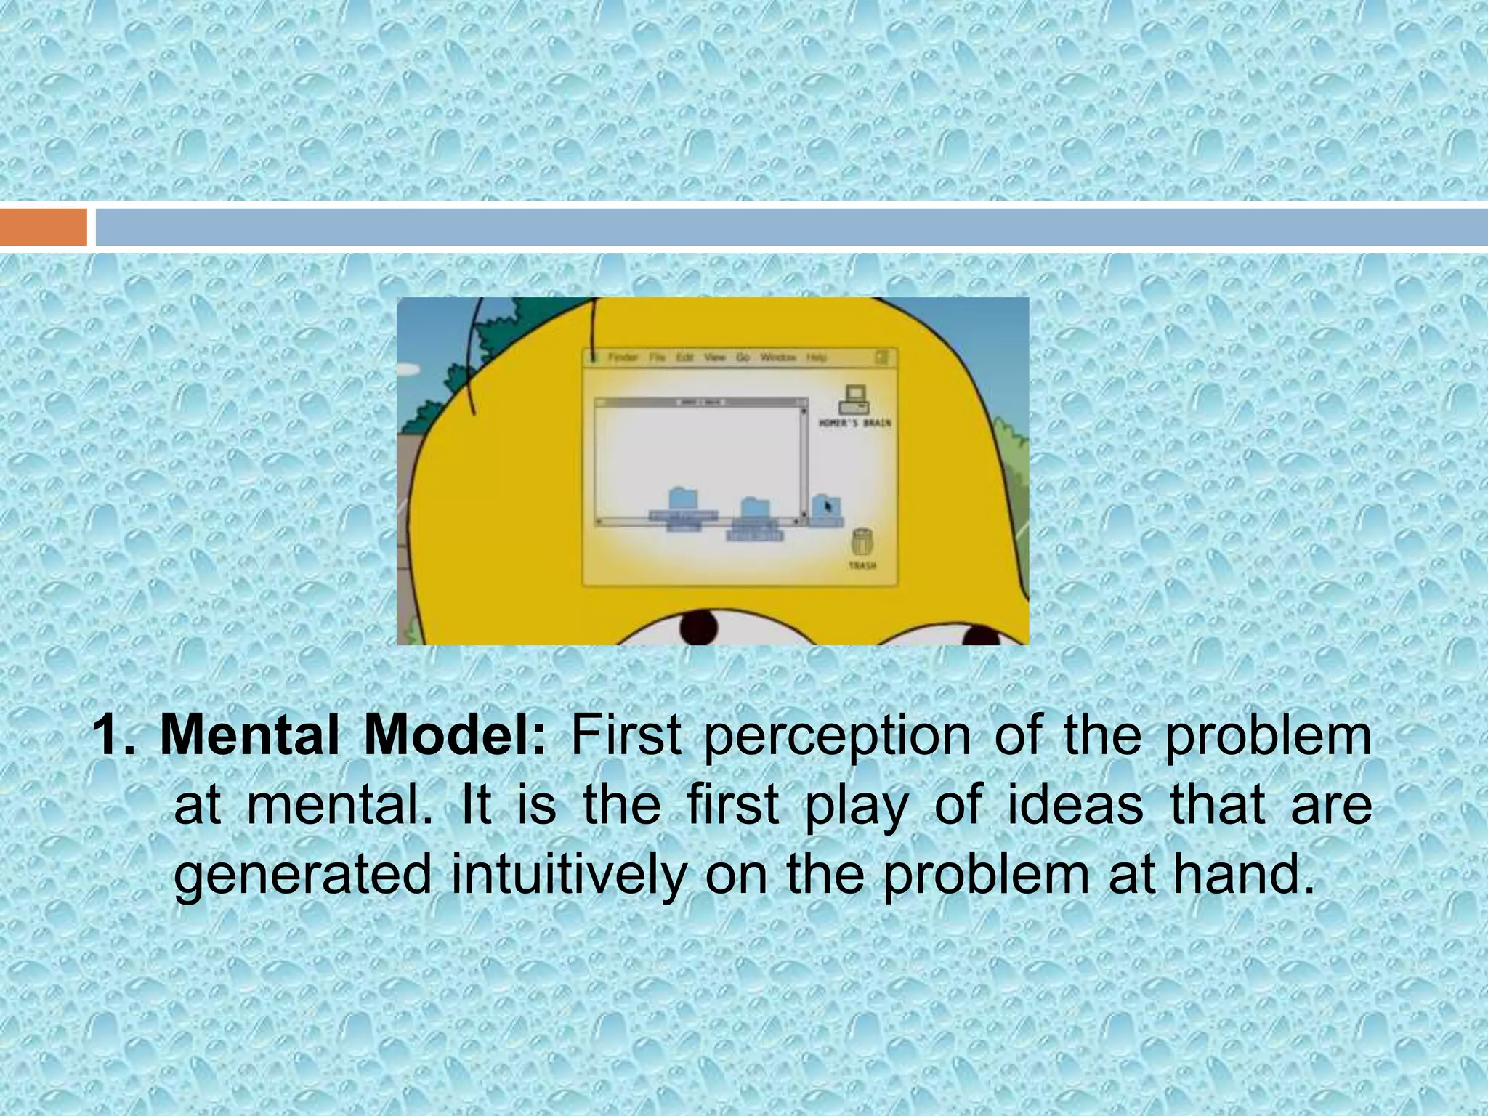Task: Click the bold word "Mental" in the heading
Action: click(x=249, y=735)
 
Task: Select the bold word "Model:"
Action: click(x=455, y=735)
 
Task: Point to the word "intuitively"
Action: click(x=568, y=875)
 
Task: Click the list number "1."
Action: click(x=115, y=735)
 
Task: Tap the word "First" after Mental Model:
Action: click(x=626, y=735)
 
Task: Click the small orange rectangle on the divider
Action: click(x=43, y=227)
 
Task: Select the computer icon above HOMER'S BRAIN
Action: click(x=854, y=399)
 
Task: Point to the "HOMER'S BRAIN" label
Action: click(x=855, y=423)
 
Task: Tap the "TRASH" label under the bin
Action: click(x=862, y=565)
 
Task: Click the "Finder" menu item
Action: click(x=623, y=357)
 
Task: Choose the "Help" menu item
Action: click(x=817, y=357)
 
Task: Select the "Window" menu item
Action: click(x=778, y=357)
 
